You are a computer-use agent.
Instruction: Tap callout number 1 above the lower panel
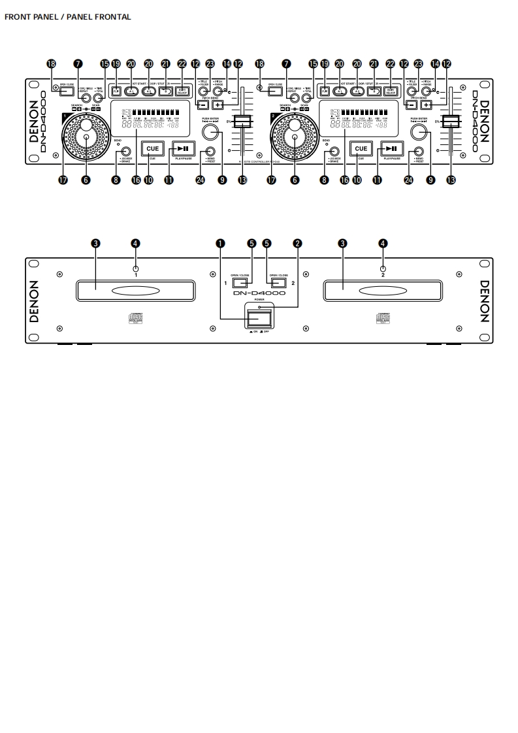tap(221, 243)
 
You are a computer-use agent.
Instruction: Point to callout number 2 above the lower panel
tap(298, 243)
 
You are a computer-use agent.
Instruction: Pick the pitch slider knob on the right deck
tap(450, 122)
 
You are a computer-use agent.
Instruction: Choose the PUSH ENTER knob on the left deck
tap(210, 133)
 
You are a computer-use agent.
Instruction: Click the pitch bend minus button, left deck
tap(203, 105)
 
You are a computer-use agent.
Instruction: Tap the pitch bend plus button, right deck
tap(427, 105)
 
